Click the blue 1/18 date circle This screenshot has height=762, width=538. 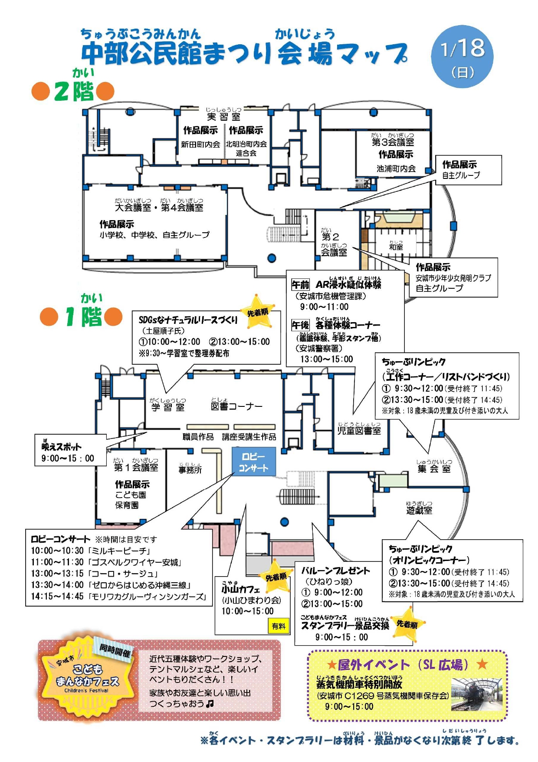tap(462, 56)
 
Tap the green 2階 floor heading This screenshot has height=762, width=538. tap(74, 91)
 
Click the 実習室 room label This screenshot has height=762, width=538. tap(223, 116)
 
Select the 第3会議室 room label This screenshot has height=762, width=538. tap(393, 142)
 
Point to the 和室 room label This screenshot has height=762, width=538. tap(396, 247)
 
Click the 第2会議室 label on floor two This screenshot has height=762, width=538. tap(333, 244)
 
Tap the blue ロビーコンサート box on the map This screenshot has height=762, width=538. tap(253, 462)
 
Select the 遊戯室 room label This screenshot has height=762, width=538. tap(419, 510)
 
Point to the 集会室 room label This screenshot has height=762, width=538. tap(434, 468)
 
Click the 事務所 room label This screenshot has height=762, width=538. tap(190, 469)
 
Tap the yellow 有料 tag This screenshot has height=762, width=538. tap(279, 626)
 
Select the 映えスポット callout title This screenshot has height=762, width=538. tap(61, 446)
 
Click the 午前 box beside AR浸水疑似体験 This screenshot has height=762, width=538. tap(300, 285)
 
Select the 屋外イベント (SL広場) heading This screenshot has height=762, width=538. tap(407, 664)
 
